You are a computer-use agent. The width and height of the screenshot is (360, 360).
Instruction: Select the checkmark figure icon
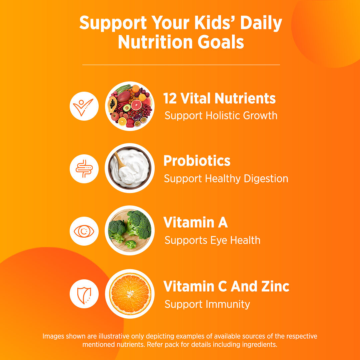click(84, 106)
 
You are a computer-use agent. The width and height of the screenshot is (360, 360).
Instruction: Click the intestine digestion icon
click(84, 169)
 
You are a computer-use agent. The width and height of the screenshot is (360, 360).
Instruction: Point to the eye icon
click(84, 231)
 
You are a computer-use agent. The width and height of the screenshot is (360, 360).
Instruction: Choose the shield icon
click(84, 294)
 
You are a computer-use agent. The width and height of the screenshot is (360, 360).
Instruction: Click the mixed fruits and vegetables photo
click(130, 106)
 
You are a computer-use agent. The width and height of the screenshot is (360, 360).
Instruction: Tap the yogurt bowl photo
click(130, 168)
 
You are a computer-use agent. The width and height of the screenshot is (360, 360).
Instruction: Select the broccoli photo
click(130, 230)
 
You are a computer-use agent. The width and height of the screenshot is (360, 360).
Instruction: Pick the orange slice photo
click(130, 294)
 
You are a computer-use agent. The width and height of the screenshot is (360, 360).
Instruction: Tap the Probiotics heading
click(197, 161)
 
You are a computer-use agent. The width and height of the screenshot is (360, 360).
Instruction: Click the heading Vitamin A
click(195, 223)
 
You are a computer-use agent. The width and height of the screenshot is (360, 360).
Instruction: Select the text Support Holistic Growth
click(221, 116)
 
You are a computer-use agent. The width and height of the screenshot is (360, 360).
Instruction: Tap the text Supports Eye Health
click(212, 240)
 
